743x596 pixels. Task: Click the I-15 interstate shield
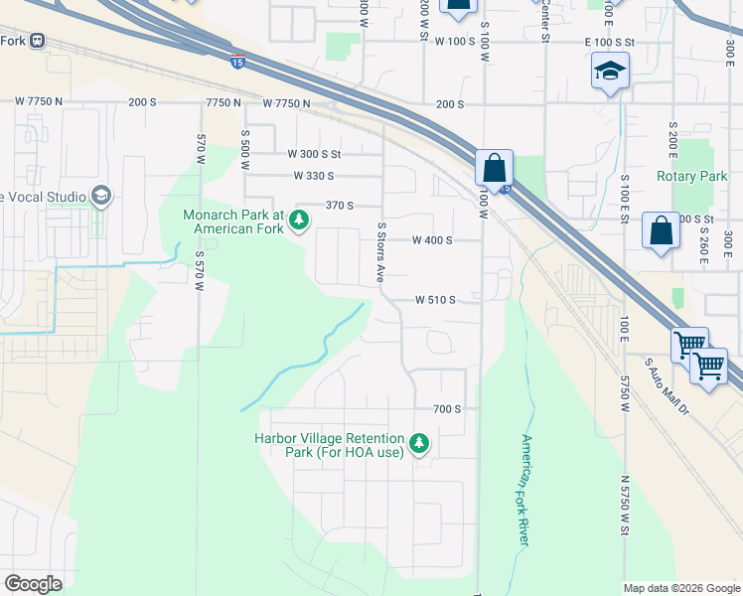coord(237,62)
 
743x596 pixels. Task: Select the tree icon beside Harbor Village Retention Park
coord(420,443)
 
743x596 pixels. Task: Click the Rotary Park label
coord(692,176)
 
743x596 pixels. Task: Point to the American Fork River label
coord(523,489)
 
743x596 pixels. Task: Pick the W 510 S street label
coord(434,299)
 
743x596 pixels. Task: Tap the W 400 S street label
coord(433,240)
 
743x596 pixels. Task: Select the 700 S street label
coord(447,409)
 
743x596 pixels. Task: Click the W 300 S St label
coord(314,154)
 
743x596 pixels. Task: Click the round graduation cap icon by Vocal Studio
coord(100,196)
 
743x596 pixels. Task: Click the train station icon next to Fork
coord(38,41)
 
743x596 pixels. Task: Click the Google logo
coord(33,584)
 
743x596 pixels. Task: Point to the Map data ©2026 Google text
coord(680,588)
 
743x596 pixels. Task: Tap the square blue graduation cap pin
coord(609,72)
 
